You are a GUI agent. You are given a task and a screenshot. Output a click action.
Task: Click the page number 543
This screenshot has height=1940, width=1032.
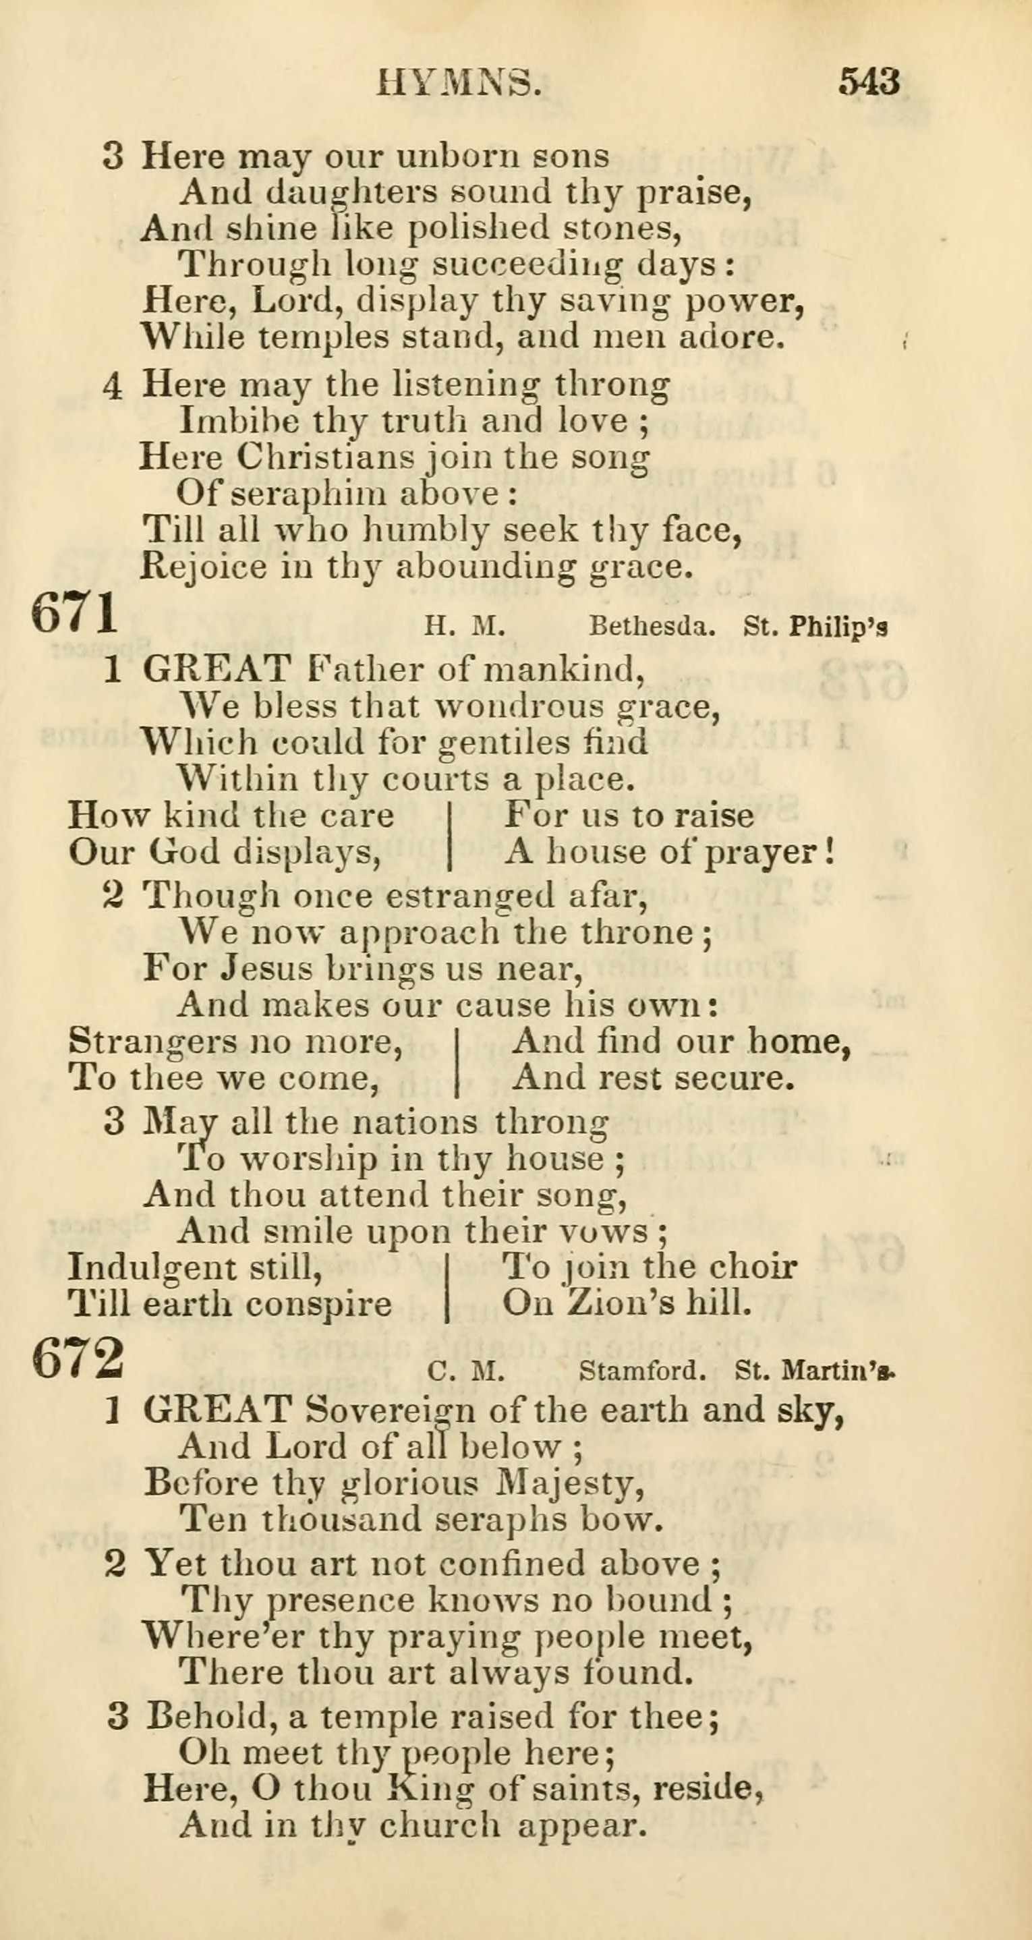[x=869, y=82]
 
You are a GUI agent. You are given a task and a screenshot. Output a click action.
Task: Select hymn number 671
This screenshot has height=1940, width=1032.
[x=76, y=614]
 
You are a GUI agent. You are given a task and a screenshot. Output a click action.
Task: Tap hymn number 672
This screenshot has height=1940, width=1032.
[x=78, y=1358]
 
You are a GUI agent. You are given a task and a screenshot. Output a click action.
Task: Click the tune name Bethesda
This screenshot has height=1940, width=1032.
[x=652, y=627]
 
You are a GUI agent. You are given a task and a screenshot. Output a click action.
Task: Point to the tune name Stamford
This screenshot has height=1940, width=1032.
[x=642, y=1371]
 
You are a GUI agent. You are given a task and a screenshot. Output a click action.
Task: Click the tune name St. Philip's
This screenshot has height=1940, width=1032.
[x=815, y=627]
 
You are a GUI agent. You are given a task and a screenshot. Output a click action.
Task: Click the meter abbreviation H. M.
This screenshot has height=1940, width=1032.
[x=463, y=627]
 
